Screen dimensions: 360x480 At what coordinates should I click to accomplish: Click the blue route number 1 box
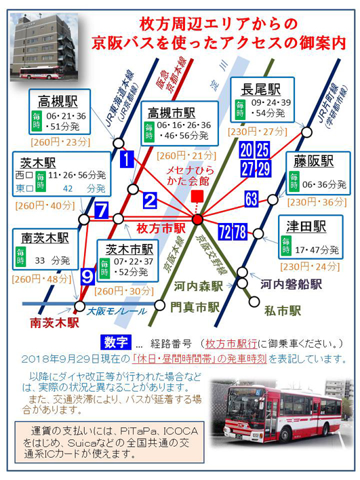click(x=127, y=159)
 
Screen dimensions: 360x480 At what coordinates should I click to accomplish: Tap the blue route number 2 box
click(x=150, y=201)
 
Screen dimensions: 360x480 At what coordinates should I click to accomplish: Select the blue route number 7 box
click(x=102, y=210)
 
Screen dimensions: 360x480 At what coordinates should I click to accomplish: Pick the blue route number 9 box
click(x=87, y=277)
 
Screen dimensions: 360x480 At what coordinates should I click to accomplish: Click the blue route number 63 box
click(x=252, y=199)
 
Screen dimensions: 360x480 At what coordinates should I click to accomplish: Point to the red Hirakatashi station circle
click(x=197, y=219)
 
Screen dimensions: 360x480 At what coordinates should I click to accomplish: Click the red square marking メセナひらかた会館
click(x=197, y=196)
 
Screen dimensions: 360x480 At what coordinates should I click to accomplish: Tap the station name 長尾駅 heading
click(x=261, y=89)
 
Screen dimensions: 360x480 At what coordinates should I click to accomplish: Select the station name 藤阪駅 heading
click(x=313, y=161)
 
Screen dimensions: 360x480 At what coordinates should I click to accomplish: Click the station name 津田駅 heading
click(x=306, y=227)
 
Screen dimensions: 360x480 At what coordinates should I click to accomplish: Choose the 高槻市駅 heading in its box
click(x=172, y=113)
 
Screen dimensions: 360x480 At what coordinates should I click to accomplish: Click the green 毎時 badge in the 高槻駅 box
click(x=37, y=121)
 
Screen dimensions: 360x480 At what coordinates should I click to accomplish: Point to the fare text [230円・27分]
click(x=258, y=132)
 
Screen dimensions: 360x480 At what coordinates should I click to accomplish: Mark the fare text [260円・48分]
click(x=41, y=279)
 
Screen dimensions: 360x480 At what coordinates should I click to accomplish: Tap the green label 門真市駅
click(x=195, y=306)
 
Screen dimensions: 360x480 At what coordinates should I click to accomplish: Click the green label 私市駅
click(x=283, y=311)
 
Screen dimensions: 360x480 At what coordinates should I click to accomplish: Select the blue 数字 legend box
click(x=116, y=342)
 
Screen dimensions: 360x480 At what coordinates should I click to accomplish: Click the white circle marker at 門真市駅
click(x=159, y=305)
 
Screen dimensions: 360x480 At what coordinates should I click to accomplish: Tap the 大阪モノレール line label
click(x=117, y=312)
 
